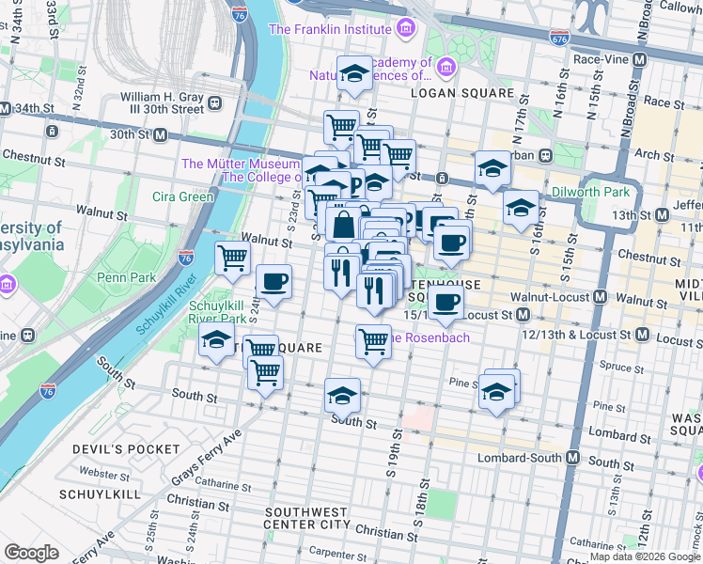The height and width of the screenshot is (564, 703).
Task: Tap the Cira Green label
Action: coord(183,196)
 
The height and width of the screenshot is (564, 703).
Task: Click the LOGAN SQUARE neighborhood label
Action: coord(461,93)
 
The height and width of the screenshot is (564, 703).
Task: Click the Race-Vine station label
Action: coord(597,59)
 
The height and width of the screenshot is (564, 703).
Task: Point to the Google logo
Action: coord(31,553)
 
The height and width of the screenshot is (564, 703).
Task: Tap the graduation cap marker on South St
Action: coord(342,395)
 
